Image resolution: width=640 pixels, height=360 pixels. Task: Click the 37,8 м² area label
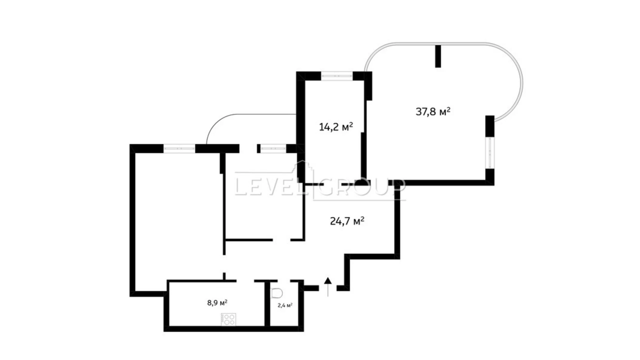coord(433,111)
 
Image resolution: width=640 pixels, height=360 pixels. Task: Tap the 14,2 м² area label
coord(336,127)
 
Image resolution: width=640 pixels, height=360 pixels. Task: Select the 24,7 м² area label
coord(347,221)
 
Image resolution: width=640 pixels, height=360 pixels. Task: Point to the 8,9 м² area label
coord(217,303)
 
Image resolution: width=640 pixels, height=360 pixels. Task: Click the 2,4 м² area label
coord(285,305)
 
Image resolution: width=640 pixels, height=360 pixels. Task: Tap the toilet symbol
coord(277,293)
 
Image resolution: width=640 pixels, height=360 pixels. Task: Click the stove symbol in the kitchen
coord(228,319)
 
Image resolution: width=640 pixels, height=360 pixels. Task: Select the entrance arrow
coord(328,287)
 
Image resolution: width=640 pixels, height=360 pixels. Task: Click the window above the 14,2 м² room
coord(337,75)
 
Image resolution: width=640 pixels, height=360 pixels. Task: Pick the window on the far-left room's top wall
coord(179,148)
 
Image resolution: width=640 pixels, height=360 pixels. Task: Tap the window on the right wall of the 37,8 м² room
coord(490,153)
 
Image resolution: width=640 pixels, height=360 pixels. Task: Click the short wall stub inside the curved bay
coord(438,56)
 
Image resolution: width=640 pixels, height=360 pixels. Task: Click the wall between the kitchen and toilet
coord(267,304)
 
